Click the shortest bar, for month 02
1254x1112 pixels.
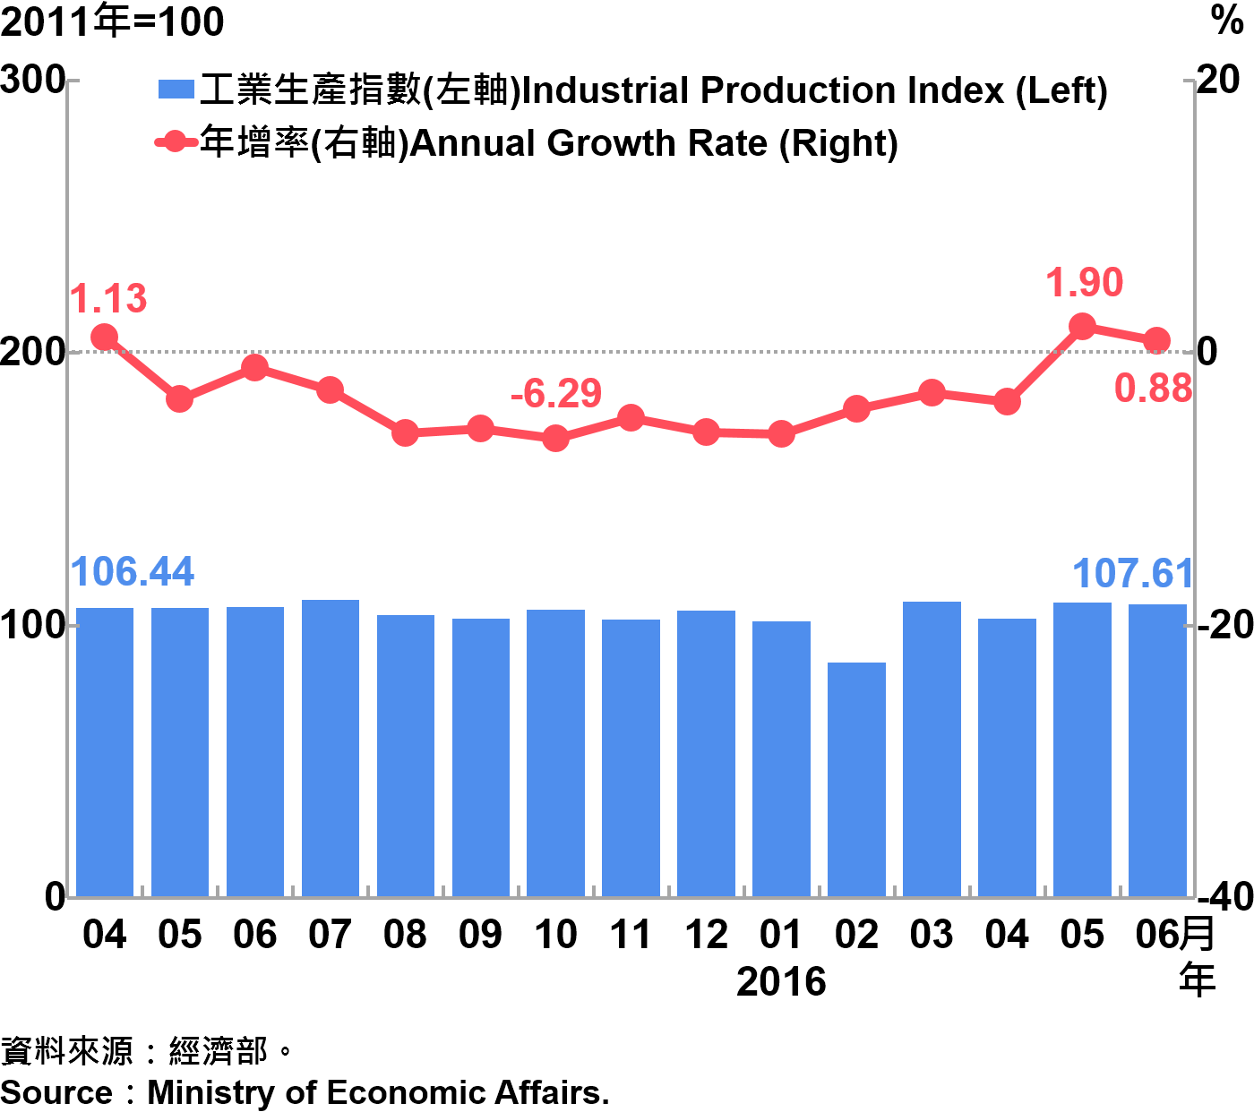(856, 779)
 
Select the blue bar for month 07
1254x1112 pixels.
(331, 748)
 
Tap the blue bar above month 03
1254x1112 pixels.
(932, 748)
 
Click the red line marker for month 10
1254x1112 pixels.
(555, 438)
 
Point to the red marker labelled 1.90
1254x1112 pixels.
(1082, 326)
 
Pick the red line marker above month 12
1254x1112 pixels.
(706, 432)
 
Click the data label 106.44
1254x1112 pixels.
(133, 572)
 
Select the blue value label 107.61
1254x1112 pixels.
(1132, 574)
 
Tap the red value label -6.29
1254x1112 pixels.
(555, 394)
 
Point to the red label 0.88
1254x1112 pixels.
(1153, 389)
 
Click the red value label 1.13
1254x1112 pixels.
(108, 299)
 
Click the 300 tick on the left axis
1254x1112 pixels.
(32, 81)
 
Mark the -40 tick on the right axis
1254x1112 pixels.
(1224, 896)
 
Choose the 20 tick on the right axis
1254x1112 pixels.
(1218, 81)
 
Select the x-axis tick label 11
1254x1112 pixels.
(631, 936)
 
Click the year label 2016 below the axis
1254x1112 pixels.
(781, 982)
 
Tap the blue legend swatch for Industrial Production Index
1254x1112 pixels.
(176, 90)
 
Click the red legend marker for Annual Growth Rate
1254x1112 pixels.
(176, 141)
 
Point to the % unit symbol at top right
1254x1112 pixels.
(1227, 20)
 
